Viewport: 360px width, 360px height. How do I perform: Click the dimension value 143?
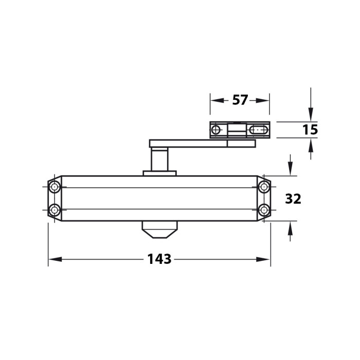click(159, 259)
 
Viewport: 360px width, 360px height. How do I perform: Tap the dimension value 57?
click(240, 100)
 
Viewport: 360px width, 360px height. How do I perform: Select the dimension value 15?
click(310, 130)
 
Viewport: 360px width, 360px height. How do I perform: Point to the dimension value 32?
click(293, 199)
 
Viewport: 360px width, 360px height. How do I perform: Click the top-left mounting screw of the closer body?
click(55, 187)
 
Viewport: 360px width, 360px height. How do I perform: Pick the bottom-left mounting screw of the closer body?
click(55, 210)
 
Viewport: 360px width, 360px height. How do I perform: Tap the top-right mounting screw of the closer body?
click(264, 187)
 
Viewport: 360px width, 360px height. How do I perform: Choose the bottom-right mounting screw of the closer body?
click(264, 210)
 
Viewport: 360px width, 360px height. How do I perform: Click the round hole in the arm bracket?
click(215, 130)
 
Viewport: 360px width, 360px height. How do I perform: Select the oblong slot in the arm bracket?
click(259, 130)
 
